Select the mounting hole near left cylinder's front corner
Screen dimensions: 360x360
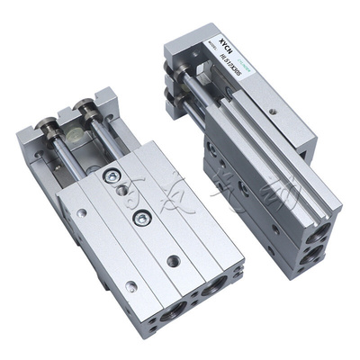(x=131, y=286)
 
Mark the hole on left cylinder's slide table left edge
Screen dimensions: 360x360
(x=82, y=213)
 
